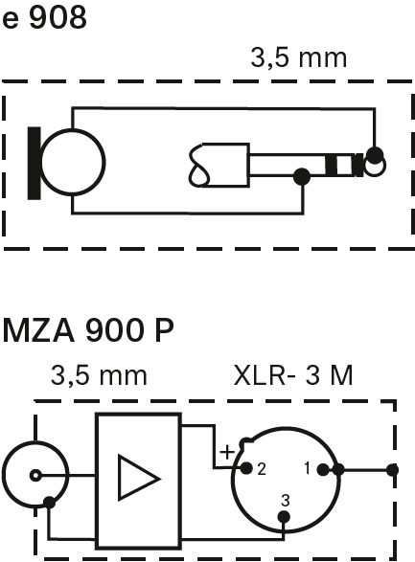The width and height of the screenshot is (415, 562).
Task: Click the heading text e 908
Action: click(x=44, y=18)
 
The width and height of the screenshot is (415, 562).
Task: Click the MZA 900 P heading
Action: click(x=88, y=331)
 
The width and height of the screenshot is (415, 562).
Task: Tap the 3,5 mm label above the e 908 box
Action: click(x=299, y=58)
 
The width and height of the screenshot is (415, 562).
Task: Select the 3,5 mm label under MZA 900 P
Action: click(x=99, y=375)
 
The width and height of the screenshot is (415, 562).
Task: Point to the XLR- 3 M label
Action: click(x=293, y=375)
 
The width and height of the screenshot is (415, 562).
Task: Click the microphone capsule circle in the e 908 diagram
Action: click(x=73, y=163)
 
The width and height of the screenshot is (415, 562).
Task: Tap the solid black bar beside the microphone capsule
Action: click(x=35, y=163)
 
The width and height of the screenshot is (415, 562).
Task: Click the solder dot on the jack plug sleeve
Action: click(x=302, y=176)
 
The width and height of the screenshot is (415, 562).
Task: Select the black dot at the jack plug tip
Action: click(x=375, y=155)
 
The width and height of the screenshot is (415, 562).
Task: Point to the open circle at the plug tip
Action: click(x=376, y=166)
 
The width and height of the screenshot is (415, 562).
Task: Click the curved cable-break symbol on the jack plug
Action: click(x=198, y=166)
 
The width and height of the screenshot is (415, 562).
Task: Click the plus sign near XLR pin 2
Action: click(x=227, y=452)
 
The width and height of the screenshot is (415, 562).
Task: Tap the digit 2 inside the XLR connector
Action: click(x=262, y=469)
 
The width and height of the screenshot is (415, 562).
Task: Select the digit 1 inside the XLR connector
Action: click(x=307, y=468)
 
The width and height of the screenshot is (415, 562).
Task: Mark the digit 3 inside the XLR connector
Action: click(x=286, y=501)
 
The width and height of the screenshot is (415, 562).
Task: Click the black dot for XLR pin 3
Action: click(x=284, y=517)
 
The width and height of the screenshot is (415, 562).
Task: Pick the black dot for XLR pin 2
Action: click(x=246, y=468)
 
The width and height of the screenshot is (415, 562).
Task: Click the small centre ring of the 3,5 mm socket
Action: click(x=35, y=476)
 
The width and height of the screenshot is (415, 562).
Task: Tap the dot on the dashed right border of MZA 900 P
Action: click(x=393, y=469)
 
